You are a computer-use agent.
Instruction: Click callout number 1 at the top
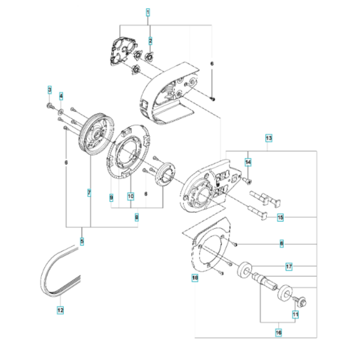point(148,12)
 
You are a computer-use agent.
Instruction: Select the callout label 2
point(150,40)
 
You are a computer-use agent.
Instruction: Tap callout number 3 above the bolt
point(49,88)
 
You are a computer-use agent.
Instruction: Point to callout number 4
point(61,96)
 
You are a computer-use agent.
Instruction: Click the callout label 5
point(82,241)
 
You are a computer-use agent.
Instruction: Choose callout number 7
point(89,192)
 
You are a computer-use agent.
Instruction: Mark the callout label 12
point(60,310)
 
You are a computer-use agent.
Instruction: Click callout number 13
point(269,138)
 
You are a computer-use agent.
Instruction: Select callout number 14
point(248,161)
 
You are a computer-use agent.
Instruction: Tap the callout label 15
point(280,218)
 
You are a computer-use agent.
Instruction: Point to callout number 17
point(289,265)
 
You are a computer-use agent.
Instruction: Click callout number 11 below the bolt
point(296,314)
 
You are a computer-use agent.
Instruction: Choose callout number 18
point(194,278)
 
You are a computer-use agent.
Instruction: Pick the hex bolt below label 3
point(50,104)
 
